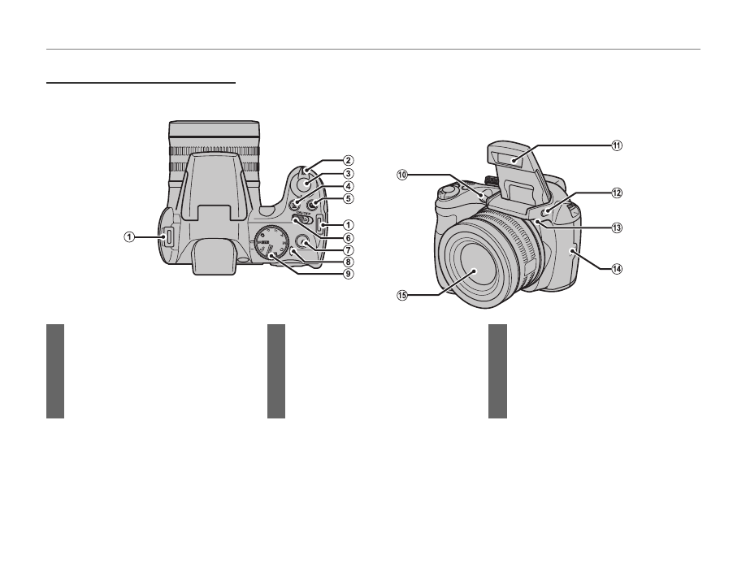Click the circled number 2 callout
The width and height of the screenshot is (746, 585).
pos(348,160)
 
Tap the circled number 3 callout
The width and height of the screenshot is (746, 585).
pos(348,173)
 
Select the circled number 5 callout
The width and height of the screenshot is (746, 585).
pos(348,198)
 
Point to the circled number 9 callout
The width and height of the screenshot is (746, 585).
pos(348,274)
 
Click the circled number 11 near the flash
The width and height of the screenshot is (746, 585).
pos(617,145)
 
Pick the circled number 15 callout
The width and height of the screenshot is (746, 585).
pos(401,295)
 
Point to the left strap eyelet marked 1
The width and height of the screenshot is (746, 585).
pos(168,237)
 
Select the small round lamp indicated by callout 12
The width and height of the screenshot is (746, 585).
pos(549,211)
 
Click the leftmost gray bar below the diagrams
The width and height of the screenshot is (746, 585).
pos(55,371)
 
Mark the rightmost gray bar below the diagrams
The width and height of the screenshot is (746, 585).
pos(497,371)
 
